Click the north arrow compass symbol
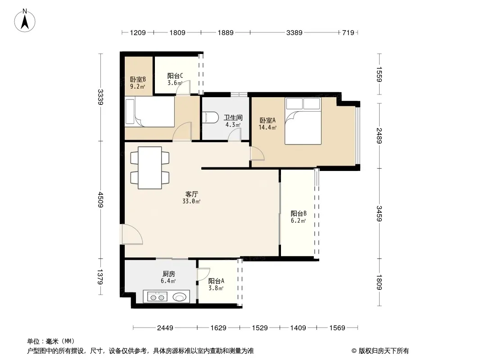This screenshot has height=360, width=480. click(x=25, y=21)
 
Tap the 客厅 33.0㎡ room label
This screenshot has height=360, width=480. click(x=192, y=198)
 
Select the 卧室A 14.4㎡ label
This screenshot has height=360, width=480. click(x=267, y=124)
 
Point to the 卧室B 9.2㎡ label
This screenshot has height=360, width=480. click(x=138, y=83)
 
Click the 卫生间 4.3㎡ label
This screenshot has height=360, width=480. click(x=233, y=121)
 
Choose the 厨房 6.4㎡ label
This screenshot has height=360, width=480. click(x=168, y=277)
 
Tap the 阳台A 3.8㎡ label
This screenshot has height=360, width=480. click(x=216, y=284)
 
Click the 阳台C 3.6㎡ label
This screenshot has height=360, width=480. click(x=175, y=79)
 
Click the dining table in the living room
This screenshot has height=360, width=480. click(x=150, y=168)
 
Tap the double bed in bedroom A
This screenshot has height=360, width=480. click(x=303, y=121)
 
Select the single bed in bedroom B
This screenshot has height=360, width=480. click(x=149, y=112)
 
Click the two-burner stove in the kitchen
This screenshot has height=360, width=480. click(x=157, y=297)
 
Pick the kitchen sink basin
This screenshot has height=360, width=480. click(x=179, y=297)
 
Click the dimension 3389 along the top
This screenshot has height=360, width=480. click(x=294, y=32)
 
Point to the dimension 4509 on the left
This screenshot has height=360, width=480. click(x=101, y=200)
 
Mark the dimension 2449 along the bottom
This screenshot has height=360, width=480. click(x=165, y=328)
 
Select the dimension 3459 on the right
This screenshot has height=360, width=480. click(x=379, y=213)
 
